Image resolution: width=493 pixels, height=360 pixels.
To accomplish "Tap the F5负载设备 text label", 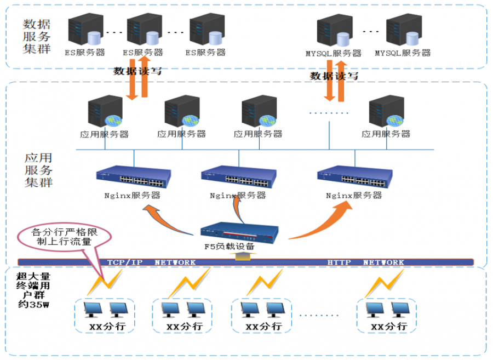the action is pyautogui.click(x=230, y=247).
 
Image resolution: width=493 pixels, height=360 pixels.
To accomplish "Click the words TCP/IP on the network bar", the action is pyautogui.click(x=125, y=262).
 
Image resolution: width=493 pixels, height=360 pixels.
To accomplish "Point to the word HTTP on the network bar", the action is pyautogui.click(x=339, y=262).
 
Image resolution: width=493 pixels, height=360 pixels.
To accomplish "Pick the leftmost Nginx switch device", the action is pyautogui.click(x=134, y=176).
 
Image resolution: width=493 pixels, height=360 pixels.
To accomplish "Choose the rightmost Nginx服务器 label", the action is pyautogui.click(x=354, y=196).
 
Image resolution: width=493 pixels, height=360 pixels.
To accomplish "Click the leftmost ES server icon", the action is pyautogui.click(x=85, y=29).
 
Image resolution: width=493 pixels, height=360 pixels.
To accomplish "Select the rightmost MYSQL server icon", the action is pyautogui.click(x=404, y=30).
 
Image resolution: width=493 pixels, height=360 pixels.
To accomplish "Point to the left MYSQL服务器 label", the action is pyautogui.click(x=334, y=54).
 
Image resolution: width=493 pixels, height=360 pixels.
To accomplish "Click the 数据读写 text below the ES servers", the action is pyautogui.click(x=137, y=71).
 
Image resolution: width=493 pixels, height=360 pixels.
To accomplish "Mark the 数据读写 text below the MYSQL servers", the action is pyautogui.click(x=334, y=76).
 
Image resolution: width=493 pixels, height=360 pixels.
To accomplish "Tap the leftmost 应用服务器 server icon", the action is pyautogui.click(x=105, y=111).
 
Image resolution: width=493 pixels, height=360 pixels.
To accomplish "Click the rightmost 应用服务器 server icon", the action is pyautogui.click(x=386, y=111).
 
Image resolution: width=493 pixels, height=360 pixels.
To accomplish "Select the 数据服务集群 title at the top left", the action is pyautogui.click(x=37, y=37).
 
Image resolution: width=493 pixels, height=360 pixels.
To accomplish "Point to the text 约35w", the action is pyautogui.click(x=33, y=304).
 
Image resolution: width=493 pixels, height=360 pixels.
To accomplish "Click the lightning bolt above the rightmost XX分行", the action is pyautogui.click(x=384, y=284).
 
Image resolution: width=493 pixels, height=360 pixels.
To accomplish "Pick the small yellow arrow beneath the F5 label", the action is pyautogui.click(x=243, y=256).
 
